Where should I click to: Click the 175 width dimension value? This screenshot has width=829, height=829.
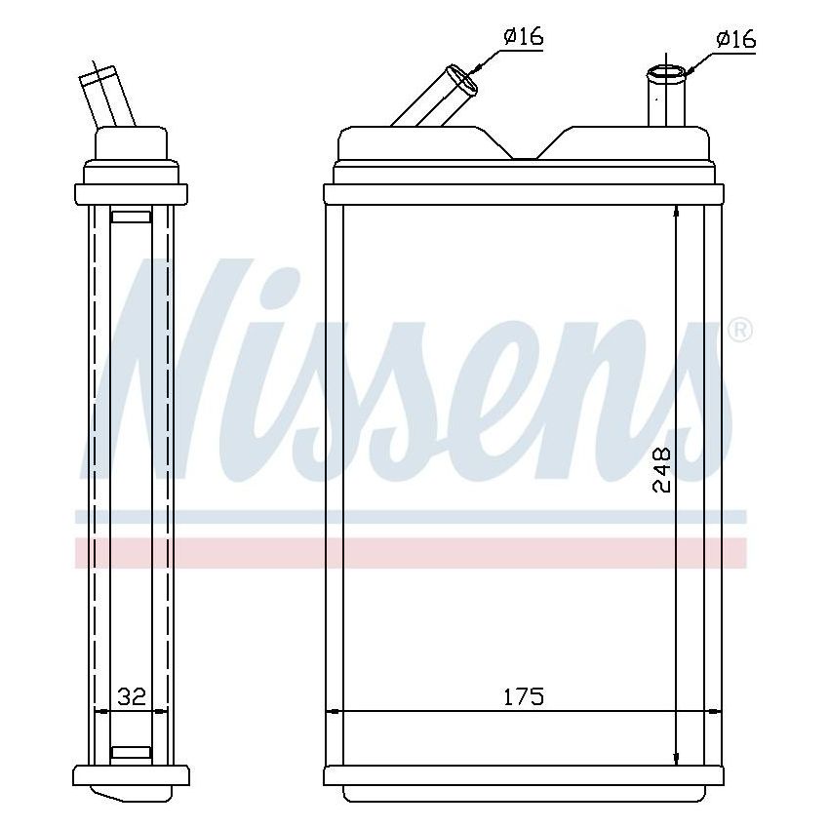[523, 696]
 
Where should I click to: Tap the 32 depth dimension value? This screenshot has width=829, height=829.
[131, 696]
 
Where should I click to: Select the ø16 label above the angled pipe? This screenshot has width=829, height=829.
[523, 38]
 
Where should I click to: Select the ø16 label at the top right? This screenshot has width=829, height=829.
[735, 39]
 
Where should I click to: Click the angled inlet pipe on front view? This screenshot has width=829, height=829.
[434, 99]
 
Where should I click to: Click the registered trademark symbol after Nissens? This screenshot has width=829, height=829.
[740, 331]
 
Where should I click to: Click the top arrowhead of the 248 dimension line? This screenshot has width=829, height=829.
[676, 214]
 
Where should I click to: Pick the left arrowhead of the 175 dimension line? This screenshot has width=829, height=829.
[333, 712]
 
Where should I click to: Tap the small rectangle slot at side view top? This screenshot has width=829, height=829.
[131, 217]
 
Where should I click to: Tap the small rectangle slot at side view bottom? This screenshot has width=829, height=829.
[131, 752]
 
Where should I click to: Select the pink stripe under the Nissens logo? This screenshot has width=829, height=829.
[410, 553]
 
